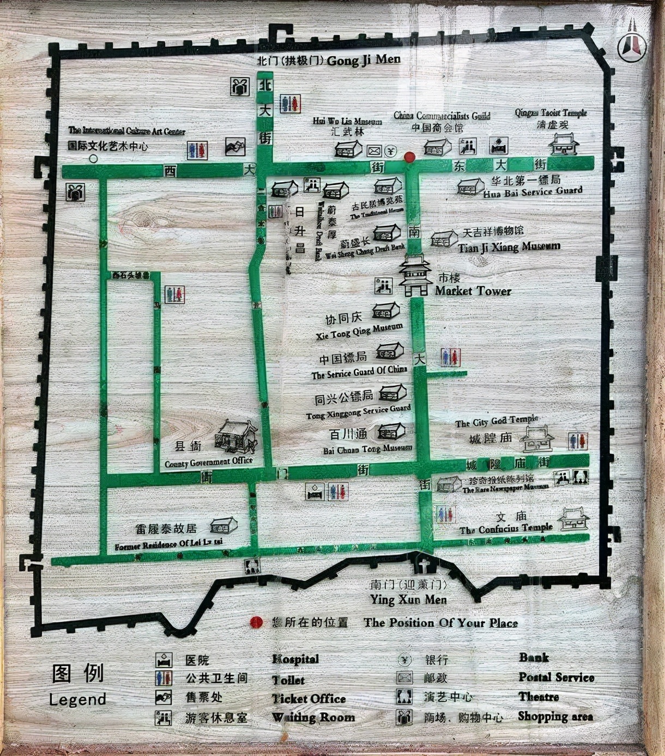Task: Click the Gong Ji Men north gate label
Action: pos(364,60)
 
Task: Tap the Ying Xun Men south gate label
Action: pos(408,599)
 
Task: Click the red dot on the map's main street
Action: pos(409,157)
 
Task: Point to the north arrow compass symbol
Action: pos(632,44)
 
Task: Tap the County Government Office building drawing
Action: pos(235,436)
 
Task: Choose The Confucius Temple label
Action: pos(505,529)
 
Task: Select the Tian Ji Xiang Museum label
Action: pos(509,247)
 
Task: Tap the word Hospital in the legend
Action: pos(295,659)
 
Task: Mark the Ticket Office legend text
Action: pos(309,699)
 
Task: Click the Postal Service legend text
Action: pos(556,677)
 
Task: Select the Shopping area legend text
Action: pos(555,717)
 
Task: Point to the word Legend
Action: pos(77,699)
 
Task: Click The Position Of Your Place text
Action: pos(440,622)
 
